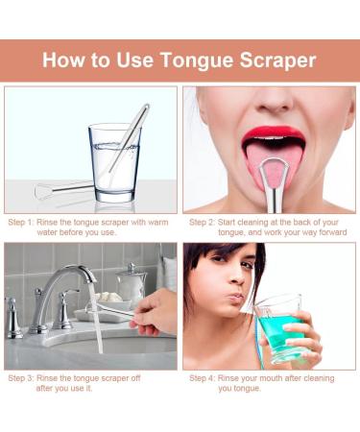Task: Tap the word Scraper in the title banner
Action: (x=278, y=60)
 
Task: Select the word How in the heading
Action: (x=63, y=60)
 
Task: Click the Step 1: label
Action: (x=22, y=221)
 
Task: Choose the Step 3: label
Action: (x=22, y=377)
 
